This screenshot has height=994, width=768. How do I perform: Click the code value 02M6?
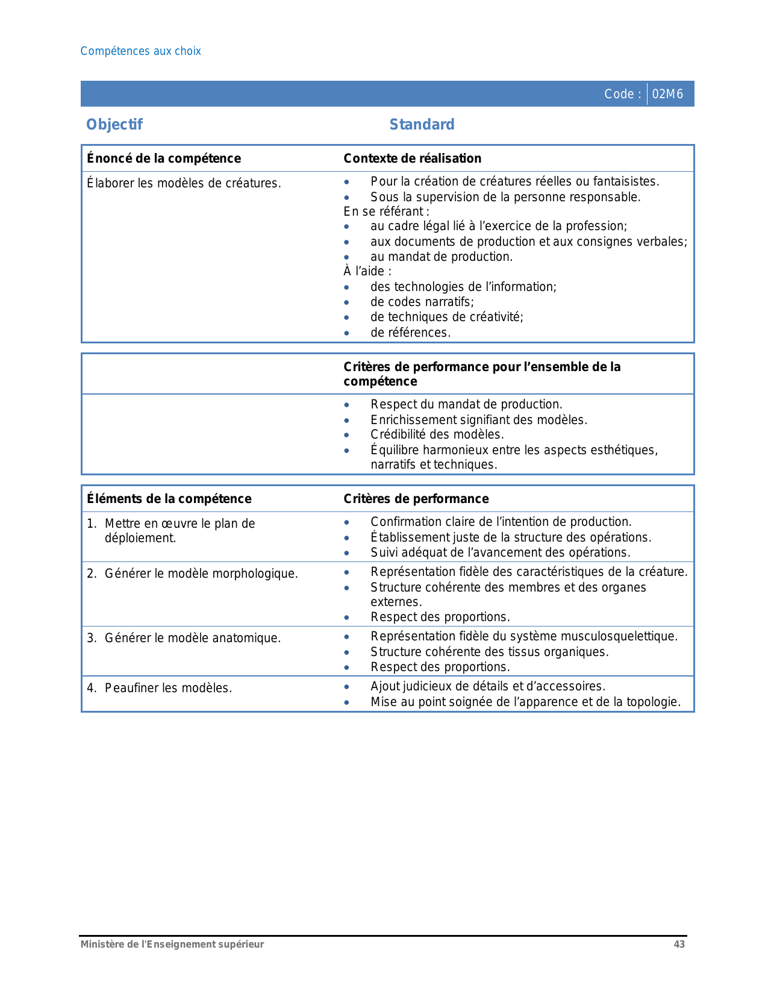point(667,94)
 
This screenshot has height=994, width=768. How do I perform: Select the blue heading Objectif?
point(114,125)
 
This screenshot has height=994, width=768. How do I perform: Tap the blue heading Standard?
point(422,125)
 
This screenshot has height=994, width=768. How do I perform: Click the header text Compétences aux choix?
point(140,51)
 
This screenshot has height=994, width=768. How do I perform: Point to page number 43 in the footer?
point(679,945)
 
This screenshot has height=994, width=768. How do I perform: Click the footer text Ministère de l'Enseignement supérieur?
point(172,945)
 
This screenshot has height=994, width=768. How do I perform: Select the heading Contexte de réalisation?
point(412,158)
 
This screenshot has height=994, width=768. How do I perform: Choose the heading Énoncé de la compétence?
point(164,158)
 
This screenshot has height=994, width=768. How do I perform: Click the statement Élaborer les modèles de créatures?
point(184,183)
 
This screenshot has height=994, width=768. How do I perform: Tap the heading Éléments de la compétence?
point(169,499)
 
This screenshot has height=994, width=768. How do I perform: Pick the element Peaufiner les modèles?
point(168,688)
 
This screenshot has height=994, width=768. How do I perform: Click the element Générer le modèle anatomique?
point(193,638)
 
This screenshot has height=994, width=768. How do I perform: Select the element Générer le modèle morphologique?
point(201,574)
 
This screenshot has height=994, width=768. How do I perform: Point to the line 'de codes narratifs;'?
point(422,302)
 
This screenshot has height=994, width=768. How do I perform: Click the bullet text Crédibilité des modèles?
point(437,434)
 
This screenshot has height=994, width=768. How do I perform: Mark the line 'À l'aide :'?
point(367,271)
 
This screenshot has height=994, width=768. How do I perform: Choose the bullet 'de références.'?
point(410,333)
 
